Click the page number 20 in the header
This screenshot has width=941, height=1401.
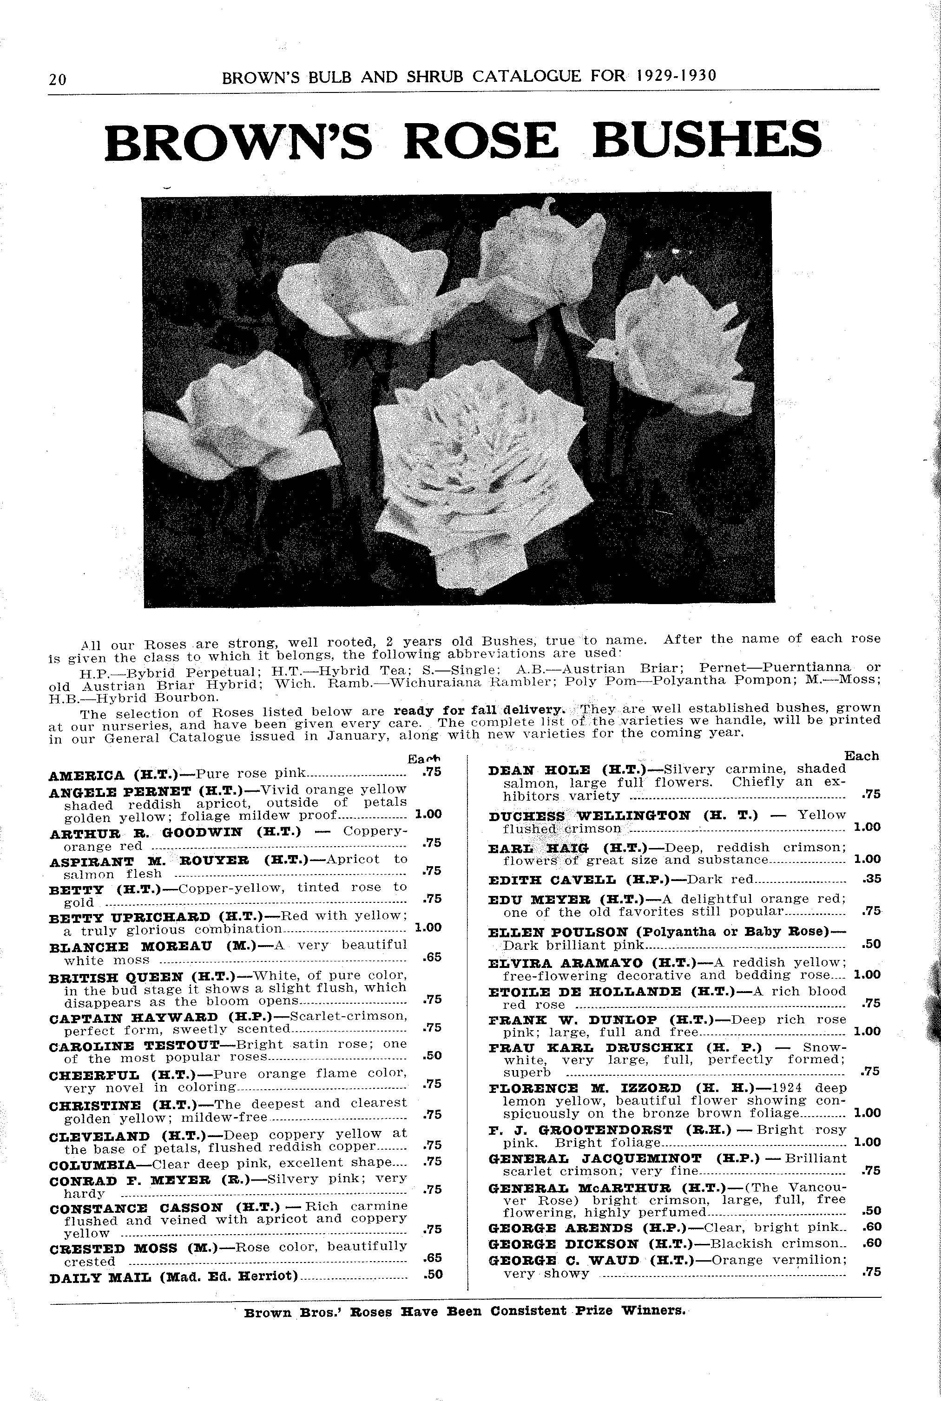coord(58,79)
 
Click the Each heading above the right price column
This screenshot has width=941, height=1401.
coord(861,756)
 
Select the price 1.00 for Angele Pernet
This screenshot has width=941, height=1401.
coord(428,814)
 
